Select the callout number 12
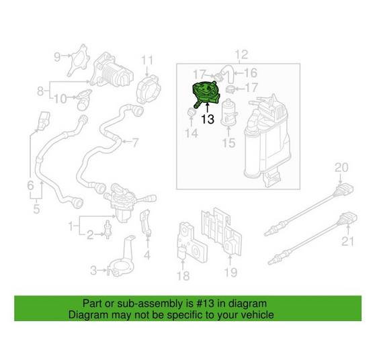[x=241, y=54]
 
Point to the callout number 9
[x=57, y=56]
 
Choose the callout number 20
[x=342, y=167]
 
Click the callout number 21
[x=347, y=241]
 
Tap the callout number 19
[x=231, y=272]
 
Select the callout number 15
[x=228, y=142]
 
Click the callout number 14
[x=192, y=134]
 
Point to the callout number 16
[x=250, y=73]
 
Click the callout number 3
[x=93, y=271]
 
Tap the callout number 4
[x=147, y=255]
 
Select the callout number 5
[x=36, y=209]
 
